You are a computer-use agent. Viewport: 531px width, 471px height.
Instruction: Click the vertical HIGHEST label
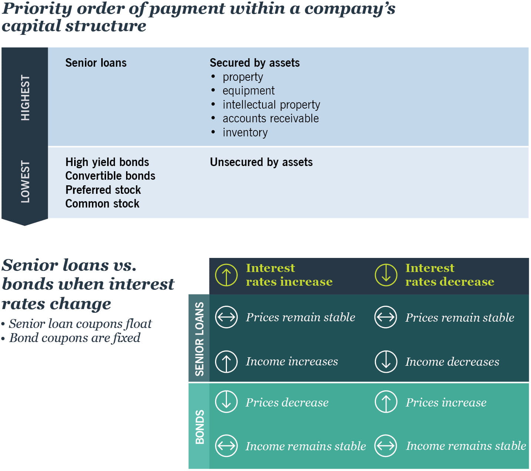click(25, 97)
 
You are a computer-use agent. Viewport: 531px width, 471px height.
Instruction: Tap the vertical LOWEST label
click(25, 182)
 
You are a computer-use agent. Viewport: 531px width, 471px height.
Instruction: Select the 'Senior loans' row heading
click(96, 63)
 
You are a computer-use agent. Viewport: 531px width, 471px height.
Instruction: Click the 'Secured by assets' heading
click(254, 63)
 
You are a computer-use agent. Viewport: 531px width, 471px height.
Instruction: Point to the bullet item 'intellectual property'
click(271, 105)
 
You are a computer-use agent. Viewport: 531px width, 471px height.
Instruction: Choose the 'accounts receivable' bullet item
click(270, 119)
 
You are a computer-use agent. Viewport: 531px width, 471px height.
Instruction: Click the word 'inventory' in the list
click(245, 133)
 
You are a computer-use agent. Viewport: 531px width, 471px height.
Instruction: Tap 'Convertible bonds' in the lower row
click(110, 176)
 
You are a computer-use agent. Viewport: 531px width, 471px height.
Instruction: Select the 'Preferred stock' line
click(103, 190)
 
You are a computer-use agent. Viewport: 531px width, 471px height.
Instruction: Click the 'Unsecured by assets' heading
click(261, 162)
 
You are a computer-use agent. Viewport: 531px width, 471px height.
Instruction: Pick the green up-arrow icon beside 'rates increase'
click(226, 275)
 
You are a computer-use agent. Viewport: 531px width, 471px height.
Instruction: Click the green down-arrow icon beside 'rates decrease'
click(386, 275)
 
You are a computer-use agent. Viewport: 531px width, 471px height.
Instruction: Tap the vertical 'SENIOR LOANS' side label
click(199, 339)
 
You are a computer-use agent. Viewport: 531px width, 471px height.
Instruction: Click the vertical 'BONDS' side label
click(199, 427)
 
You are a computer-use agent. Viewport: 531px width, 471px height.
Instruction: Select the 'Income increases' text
click(292, 361)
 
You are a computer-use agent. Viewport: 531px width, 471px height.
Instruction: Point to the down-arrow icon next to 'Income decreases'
click(386, 361)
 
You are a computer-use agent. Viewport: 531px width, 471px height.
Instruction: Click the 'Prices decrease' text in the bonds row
click(287, 402)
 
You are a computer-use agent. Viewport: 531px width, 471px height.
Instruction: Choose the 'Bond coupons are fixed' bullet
click(75, 338)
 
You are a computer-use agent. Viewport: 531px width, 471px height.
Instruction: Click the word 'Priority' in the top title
click(37, 9)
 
